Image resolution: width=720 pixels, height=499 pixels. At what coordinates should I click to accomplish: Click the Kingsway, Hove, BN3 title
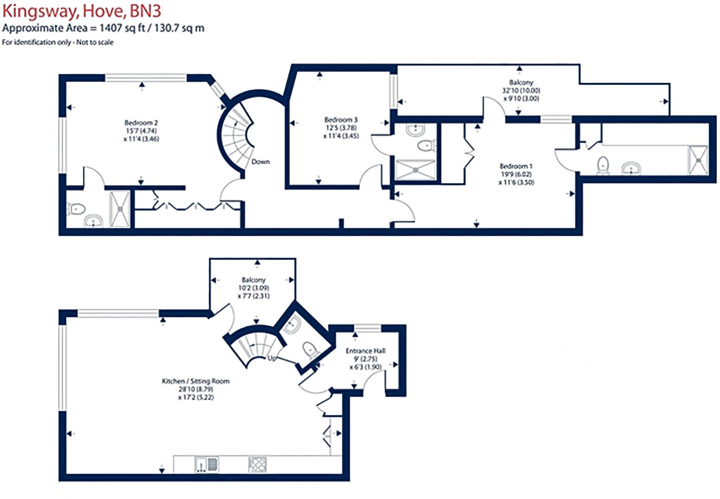[x=82, y=11]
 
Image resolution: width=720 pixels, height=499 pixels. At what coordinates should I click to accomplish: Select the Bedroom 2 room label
[x=141, y=123]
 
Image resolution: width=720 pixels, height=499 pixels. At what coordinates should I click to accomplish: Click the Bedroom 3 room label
[x=341, y=120]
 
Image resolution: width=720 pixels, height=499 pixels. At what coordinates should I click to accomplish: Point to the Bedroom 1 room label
[x=516, y=166]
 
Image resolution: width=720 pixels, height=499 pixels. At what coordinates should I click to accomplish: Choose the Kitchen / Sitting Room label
[x=195, y=381]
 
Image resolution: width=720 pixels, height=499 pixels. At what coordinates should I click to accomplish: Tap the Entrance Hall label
[x=366, y=351]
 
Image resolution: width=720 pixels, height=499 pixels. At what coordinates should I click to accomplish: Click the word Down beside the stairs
[x=261, y=162]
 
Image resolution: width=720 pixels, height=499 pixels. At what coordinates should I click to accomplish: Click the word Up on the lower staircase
[x=272, y=359]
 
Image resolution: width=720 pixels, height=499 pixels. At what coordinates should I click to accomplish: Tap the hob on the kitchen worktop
[x=257, y=465]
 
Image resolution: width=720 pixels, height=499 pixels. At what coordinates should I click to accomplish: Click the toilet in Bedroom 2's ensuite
[x=76, y=209]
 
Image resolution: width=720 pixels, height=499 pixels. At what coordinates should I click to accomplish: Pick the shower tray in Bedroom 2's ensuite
[x=120, y=209]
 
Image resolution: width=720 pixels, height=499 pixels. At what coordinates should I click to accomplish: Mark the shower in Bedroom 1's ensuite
[x=698, y=160]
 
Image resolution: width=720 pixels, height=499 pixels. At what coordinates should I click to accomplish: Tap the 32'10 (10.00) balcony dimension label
[x=521, y=90]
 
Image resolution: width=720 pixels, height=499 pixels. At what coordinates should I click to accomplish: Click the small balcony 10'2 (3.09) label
[x=253, y=288]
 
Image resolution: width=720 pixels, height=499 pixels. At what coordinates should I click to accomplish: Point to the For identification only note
[x=58, y=42]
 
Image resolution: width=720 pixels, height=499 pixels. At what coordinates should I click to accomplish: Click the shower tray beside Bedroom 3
[x=416, y=170]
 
